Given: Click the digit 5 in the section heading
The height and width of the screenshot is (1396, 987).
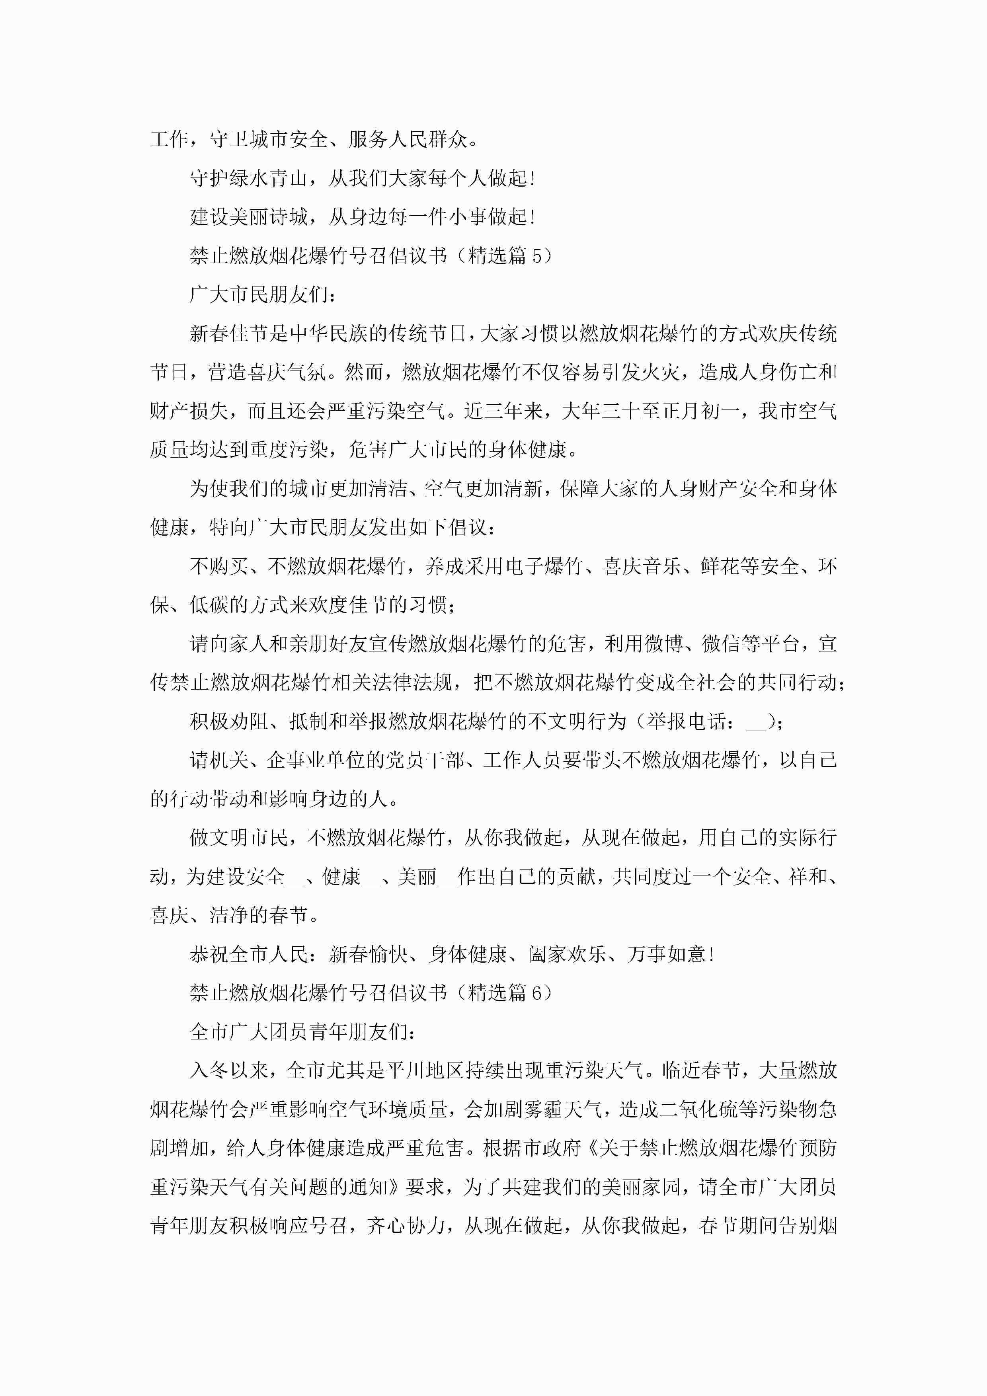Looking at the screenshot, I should pyautogui.click(x=536, y=256).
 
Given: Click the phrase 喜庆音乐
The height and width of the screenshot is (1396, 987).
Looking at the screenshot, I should pyautogui.click(x=641, y=566).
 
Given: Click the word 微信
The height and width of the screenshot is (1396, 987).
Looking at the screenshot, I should pyautogui.click(x=721, y=644).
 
